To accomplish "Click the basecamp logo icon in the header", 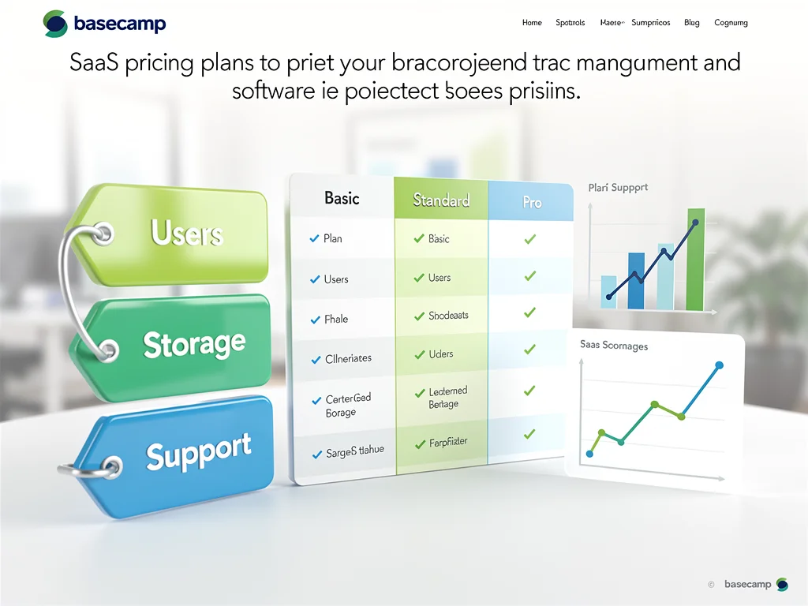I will click(x=55, y=24).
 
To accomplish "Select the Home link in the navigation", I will click(x=532, y=23).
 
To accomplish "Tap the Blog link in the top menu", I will click(x=692, y=23).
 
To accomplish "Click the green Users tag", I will click(x=187, y=233).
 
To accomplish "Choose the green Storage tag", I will click(x=194, y=345).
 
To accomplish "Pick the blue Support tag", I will click(x=199, y=453).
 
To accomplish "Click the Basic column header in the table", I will click(x=342, y=198).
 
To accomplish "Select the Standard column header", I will click(x=441, y=200).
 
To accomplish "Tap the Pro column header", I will click(x=532, y=203).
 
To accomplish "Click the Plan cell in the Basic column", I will click(x=332, y=238).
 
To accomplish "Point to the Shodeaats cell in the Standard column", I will click(x=448, y=316).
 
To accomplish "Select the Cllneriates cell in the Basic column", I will click(x=348, y=358).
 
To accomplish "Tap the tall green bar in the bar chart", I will click(x=695, y=260).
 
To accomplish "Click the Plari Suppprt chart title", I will click(x=618, y=188).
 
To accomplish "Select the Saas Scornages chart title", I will click(x=614, y=346).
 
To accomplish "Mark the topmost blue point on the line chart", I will click(x=719, y=365).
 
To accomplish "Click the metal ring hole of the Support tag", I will click(x=112, y=466).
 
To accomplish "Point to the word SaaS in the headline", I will click(x=93, y=63).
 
